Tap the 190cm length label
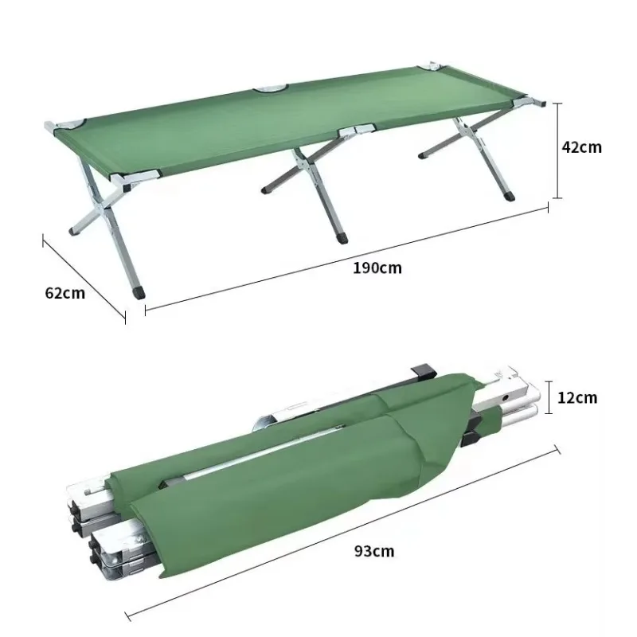click(377, 268)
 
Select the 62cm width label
click(64, 292)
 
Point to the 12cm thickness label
click(576, 397)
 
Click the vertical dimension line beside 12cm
click(548, 397)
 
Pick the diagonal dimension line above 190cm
click(346, 256)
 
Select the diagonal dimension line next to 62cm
click(83, 276)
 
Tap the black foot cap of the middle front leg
click(344, 236)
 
